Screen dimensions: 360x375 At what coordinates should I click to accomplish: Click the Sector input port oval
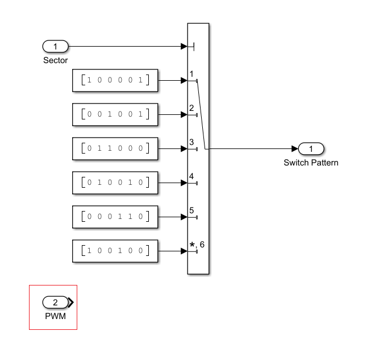click(55, 46)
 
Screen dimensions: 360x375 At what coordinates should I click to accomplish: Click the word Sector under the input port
click(55, 60)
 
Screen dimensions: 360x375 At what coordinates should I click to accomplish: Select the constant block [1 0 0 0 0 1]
click(115, 80)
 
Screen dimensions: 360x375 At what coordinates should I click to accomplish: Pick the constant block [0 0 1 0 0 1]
click(115, 114)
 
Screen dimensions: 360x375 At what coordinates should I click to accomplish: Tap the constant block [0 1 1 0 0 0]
click(115, 148)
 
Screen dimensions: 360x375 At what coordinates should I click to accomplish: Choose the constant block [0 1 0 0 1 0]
click(115, 183)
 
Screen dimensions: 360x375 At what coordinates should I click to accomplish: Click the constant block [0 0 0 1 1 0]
click(115, 217)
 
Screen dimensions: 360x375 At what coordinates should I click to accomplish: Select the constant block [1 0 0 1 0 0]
click(115, 251)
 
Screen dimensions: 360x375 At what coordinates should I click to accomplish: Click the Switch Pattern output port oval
click(311, 149)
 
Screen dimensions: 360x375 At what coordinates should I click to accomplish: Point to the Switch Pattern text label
click(311, 163)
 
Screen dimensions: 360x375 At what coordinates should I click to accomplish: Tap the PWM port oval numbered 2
click(55, 302)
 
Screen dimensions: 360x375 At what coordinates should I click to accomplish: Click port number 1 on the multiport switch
click(192, 75)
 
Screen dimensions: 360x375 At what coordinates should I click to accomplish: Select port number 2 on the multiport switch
click(192, 108)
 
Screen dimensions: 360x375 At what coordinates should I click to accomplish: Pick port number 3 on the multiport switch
click(192, 142)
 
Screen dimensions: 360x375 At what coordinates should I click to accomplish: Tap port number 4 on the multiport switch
click(192, 176)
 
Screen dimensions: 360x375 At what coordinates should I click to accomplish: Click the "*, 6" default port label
click(197, 245)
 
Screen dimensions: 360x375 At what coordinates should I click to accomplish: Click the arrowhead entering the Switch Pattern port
click(294, 149)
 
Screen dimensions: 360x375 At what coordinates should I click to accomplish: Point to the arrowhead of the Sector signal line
click(184, 46)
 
